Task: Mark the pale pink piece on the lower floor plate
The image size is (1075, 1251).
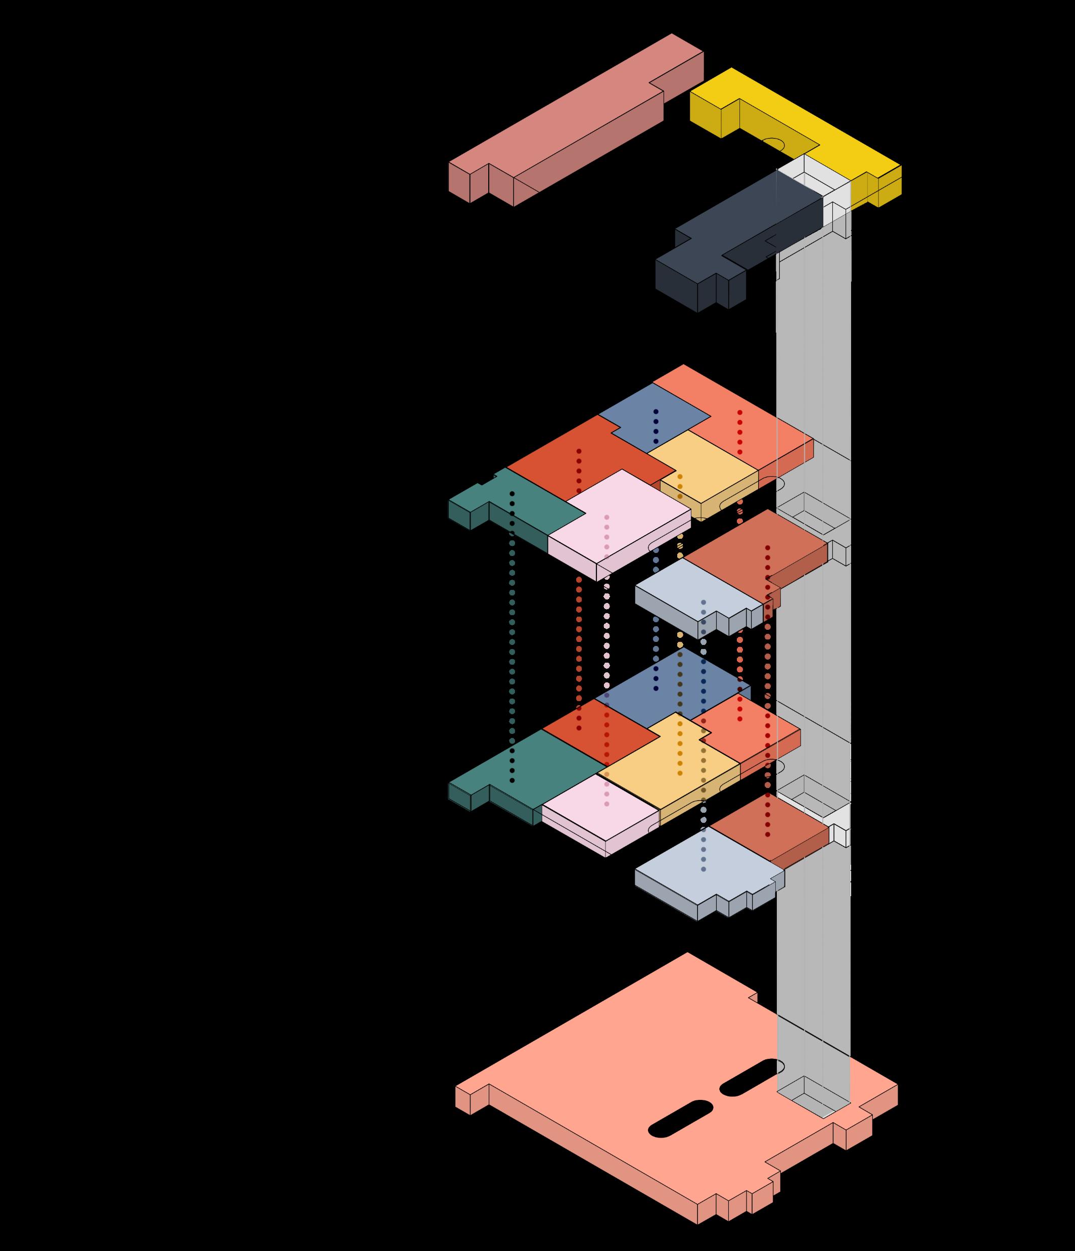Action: pyautogui.click(x=597, y=815)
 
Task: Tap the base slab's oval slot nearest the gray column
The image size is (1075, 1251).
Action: pyautogui.click(x=749, y=1077)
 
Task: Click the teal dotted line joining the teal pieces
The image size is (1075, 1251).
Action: pyautogui.click(x=512, y=634)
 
